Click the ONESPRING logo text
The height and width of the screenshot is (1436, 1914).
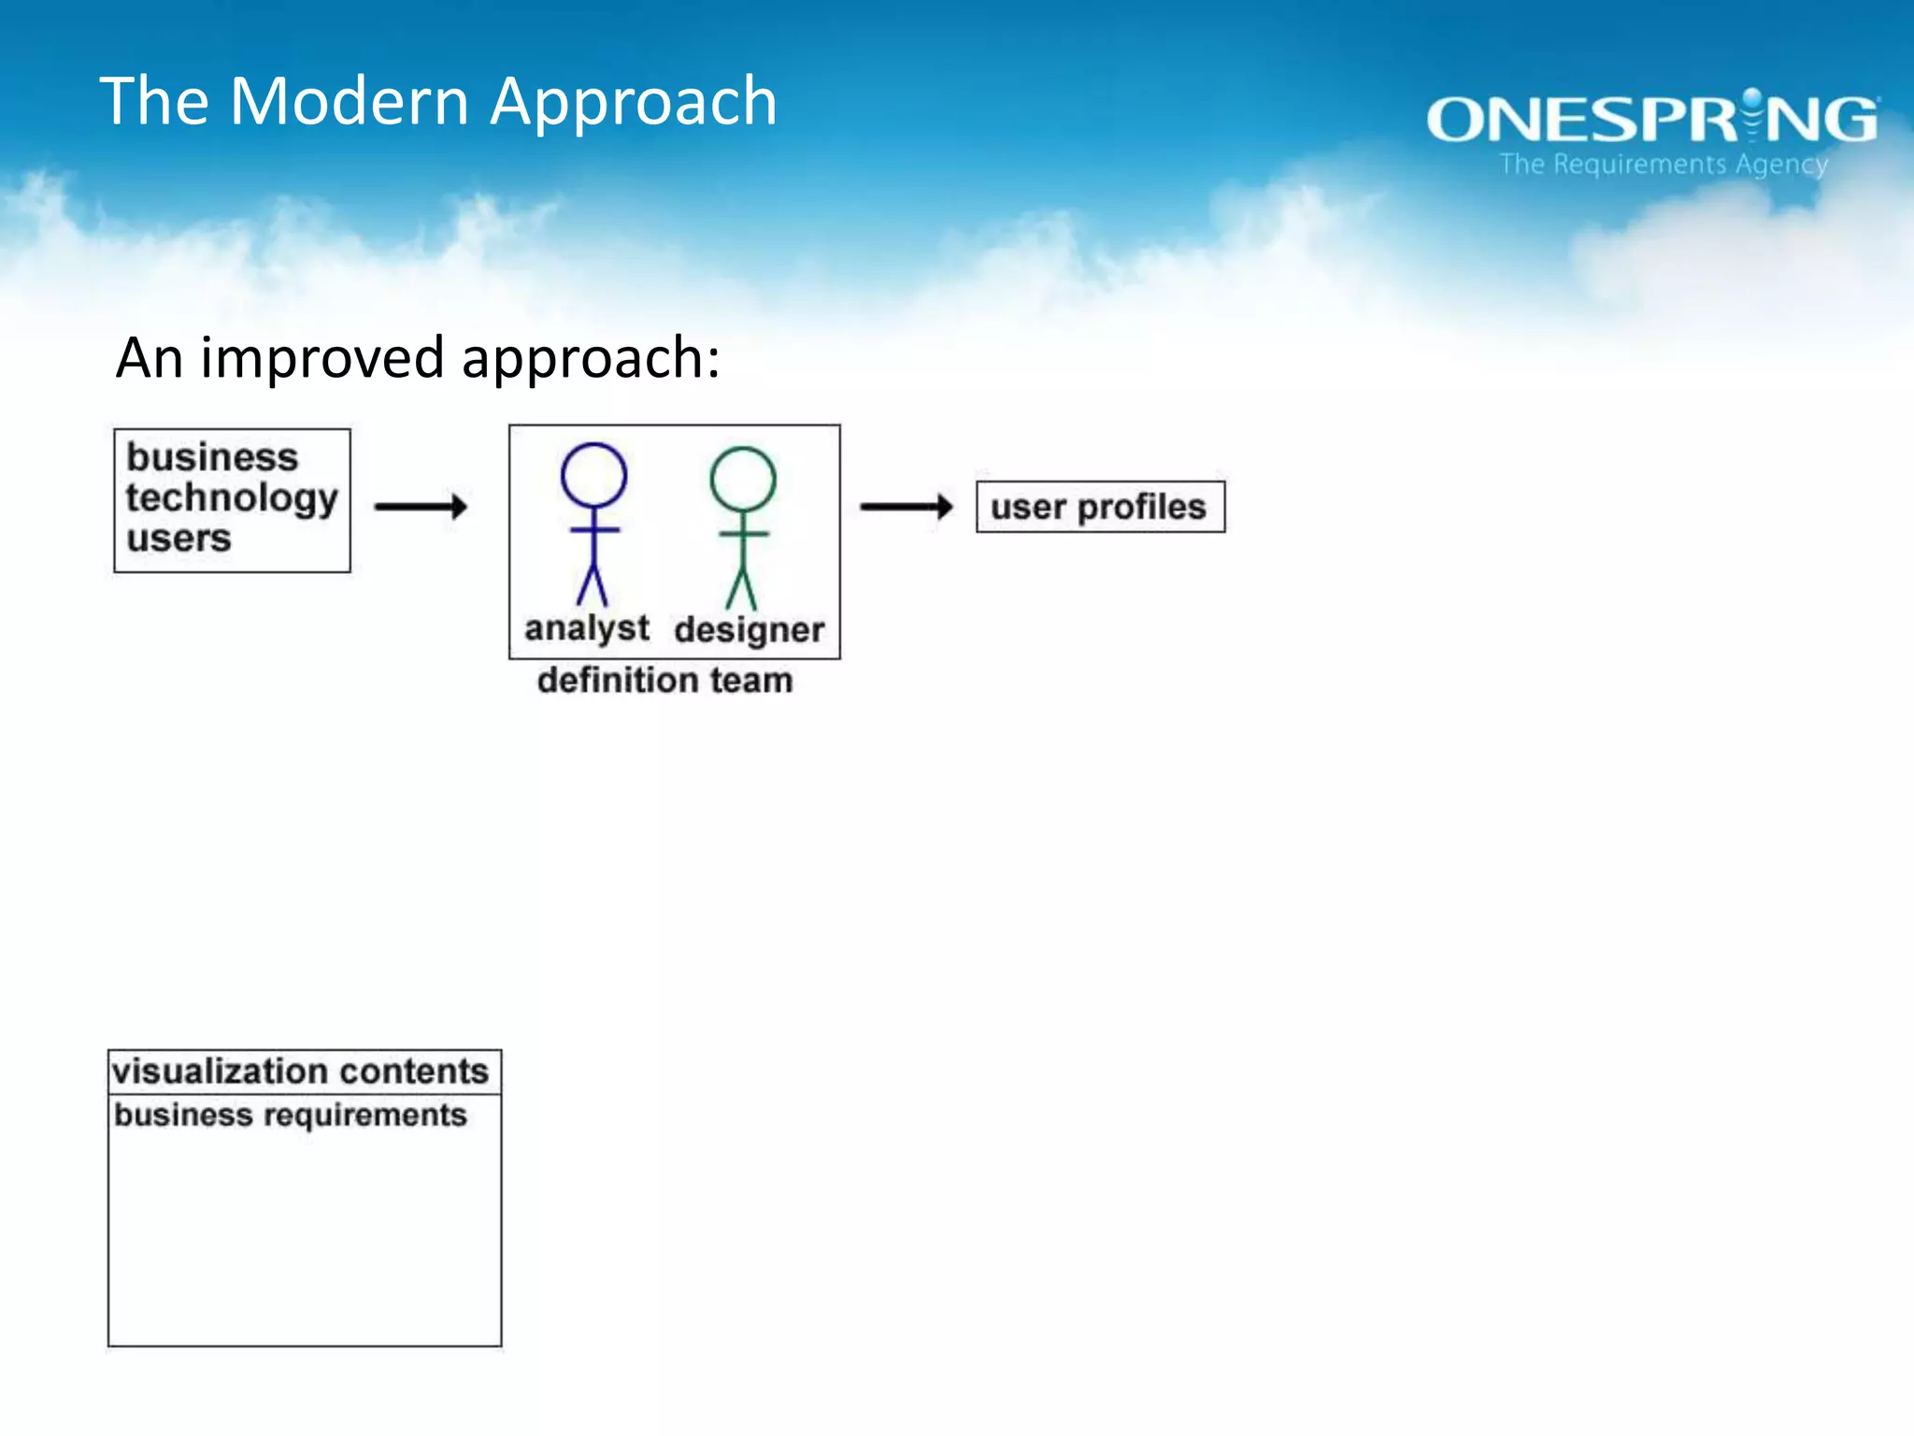tap(1651, 120)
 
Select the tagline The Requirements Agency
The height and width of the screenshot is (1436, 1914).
tap(1664, 165)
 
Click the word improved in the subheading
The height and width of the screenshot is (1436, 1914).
tap(321, 359)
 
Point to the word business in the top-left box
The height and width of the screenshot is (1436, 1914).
tap(212, 457)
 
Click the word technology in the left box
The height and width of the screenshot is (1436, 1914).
tap(231, 498)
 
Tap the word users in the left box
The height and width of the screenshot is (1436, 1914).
tap(179, 538)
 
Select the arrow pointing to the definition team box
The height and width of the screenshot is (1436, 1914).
tap(421, 507)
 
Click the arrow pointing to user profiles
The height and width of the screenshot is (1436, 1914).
tap(906, 507)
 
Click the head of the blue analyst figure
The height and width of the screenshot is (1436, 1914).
tap(593, 476)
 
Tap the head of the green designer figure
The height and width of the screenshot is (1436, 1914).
tap(742, 480)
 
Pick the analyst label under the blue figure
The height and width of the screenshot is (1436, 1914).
tap(586, 629)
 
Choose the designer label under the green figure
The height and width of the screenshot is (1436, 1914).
tap(749, 631)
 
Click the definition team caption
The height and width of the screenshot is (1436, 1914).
tap(664, 681)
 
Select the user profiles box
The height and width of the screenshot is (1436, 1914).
tap(1099, 507)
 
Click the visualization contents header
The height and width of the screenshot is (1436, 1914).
tap(300, 1071)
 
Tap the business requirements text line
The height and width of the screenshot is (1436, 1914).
tap(290, 1115)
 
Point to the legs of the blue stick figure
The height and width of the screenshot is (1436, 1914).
tap(593, 584)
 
